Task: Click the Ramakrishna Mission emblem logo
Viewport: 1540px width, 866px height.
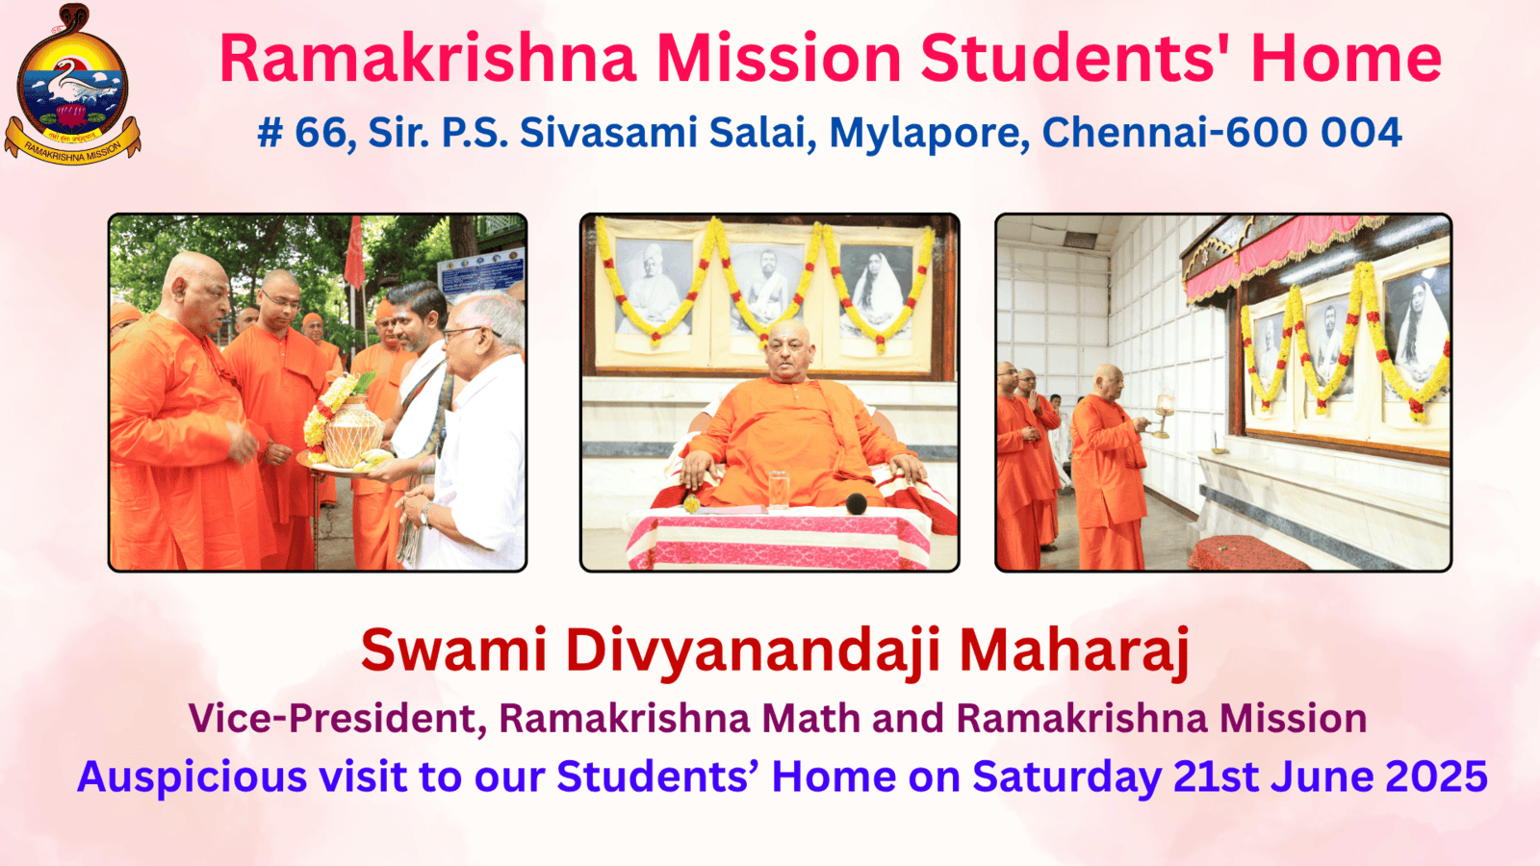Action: pos(72,84)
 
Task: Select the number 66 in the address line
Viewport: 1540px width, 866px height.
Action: pos(321,132)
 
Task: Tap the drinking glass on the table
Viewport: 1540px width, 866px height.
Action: pos(779,490)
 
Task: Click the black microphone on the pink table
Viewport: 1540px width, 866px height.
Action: pos(856,504)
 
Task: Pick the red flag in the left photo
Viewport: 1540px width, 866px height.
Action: pos(355,252)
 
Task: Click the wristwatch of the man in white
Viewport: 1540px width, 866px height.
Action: pos(427,513)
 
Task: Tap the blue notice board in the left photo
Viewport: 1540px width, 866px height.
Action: pos(481,273)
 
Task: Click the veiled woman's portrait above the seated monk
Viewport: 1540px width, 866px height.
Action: pos(876,292)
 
